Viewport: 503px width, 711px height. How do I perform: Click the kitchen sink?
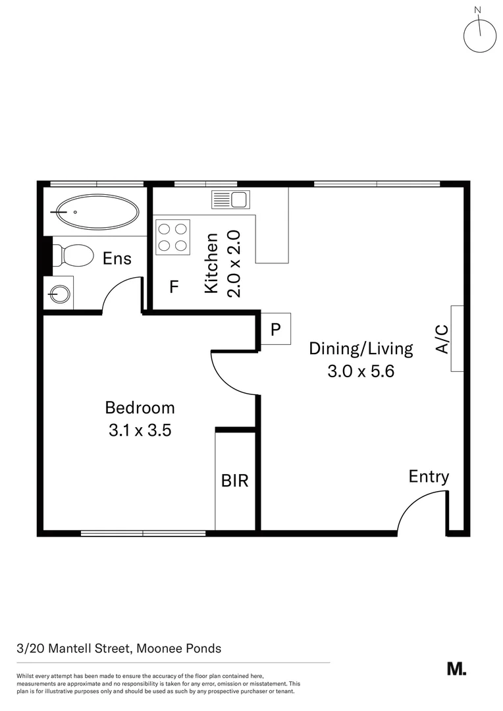tap(229, 199)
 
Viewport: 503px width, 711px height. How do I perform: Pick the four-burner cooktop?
tap(172, 237)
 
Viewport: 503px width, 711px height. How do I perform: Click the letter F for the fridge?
tap(174, 287)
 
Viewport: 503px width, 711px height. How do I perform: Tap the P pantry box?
tap(276, 329)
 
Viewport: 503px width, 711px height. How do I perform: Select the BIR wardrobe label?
tap(234, 481)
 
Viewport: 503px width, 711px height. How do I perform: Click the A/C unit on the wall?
tap(457, 338)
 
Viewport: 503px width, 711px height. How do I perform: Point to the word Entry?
tap(429, 477)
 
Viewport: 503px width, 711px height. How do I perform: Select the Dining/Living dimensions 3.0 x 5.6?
tap(360, 371)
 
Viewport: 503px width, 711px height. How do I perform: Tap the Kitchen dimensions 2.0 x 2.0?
tap(235, 263)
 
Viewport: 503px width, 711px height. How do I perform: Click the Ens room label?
tap(117, 258)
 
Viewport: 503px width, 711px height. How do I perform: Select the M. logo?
tap(456, 668)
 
